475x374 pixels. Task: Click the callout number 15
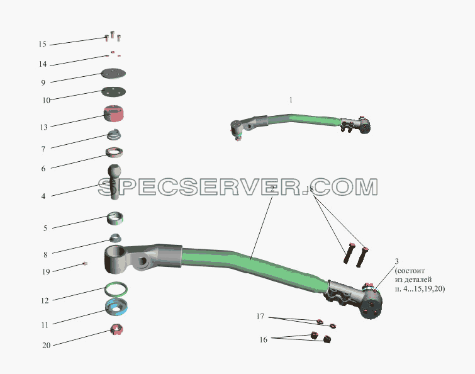(x=42, y=44)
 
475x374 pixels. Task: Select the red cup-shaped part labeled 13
(x=114, y=114)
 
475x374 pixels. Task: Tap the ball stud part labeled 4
(x=115, y=182)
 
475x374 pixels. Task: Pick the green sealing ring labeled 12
(x=116, y=290)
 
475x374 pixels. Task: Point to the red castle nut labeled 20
(x=117, y=329)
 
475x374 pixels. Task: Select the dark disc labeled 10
(x=114, y=91)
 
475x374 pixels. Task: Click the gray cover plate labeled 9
(x=113, y=73)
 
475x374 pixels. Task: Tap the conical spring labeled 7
(x=115, y=135)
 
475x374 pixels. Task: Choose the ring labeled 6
(x=115, y=152)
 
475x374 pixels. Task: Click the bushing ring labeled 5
(x=115, y=218)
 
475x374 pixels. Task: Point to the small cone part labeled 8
(x=115, y=238)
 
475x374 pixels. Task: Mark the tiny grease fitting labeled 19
(x=85, y=264)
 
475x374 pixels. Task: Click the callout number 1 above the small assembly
(x=291, y=99)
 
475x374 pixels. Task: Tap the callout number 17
(x=260, y=317)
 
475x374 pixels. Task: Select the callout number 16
(x=263, y=339)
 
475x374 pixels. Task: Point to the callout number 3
(x=396, y=261)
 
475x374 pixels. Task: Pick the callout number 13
(x=43, y=127)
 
